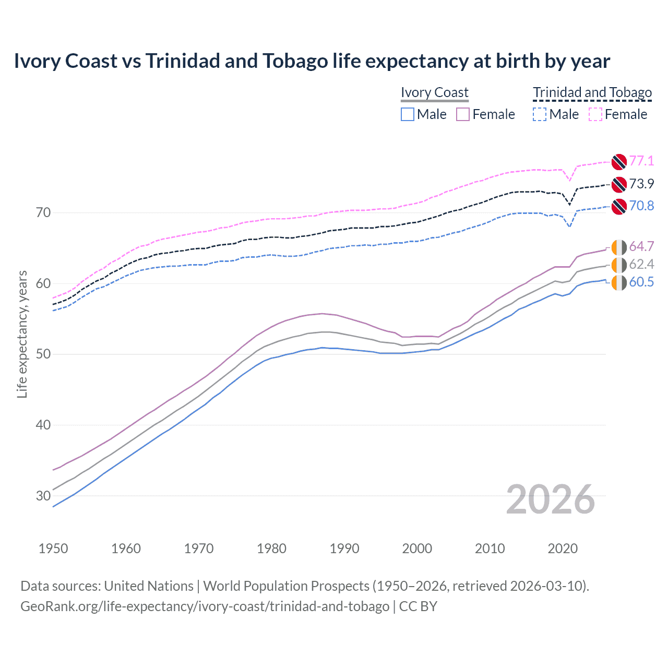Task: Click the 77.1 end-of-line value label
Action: point(641,161)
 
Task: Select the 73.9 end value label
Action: point(641,184)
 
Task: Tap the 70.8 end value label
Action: point(641,206)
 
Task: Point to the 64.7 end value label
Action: point(641,246)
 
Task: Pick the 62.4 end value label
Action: point(641,264)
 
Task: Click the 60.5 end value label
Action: point(641,282)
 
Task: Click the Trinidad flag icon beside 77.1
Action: point(618,162)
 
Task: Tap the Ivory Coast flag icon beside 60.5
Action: point(618,283)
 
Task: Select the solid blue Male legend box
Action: point(408,114)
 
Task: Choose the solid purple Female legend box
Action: point(463,114)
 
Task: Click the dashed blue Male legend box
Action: point(540,114)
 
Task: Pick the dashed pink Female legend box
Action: point(595,114)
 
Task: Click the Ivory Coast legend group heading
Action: point(435,92)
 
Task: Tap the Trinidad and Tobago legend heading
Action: point(592,92)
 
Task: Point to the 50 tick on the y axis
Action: point(43,354)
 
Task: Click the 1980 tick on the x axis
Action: point(272,548)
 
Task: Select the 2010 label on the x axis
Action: point(490,548)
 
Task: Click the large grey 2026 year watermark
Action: point(551,499)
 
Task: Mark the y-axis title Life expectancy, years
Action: point(22,334)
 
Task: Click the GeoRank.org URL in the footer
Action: point(205,606)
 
